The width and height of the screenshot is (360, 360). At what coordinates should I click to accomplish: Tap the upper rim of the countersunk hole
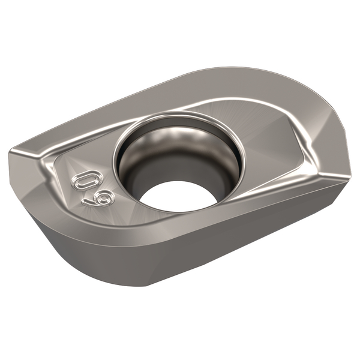point(180,110)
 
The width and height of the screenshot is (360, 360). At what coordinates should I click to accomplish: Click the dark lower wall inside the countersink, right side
point(222,180)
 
